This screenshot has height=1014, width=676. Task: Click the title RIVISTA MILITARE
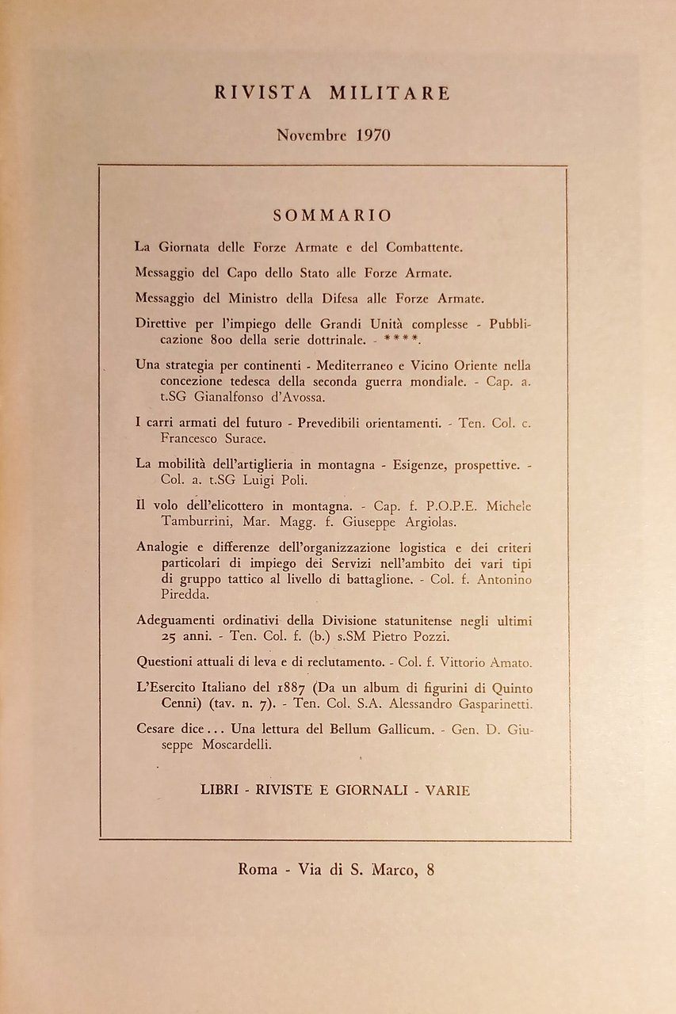[332, 93]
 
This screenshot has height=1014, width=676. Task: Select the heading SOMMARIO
[332, 215]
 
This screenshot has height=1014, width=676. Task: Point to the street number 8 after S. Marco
[430, 869]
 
